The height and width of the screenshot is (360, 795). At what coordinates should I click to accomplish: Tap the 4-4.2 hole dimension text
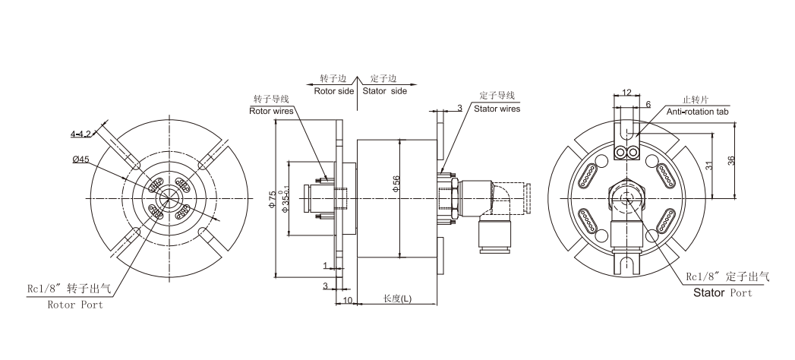coord(80,134)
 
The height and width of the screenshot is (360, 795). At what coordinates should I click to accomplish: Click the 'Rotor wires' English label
coord(271,110)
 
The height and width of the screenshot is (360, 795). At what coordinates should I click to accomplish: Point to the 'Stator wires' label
coord(497,109)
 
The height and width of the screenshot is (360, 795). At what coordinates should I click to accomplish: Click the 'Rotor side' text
coord(334,90)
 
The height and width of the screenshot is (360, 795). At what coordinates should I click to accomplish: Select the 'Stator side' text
coord(384,90)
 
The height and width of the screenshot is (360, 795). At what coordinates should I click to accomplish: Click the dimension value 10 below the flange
coord(348,302)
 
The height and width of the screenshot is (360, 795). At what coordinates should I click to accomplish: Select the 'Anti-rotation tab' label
coord(697,112)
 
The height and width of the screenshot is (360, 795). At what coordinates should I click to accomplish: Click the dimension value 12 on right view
coord(626,93)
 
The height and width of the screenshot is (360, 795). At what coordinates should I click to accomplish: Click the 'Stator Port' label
coord(722,292)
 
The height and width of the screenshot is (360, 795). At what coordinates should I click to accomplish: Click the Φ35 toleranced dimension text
coord(286,199)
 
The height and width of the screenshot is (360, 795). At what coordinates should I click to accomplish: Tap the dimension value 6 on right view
coord(648,104)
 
